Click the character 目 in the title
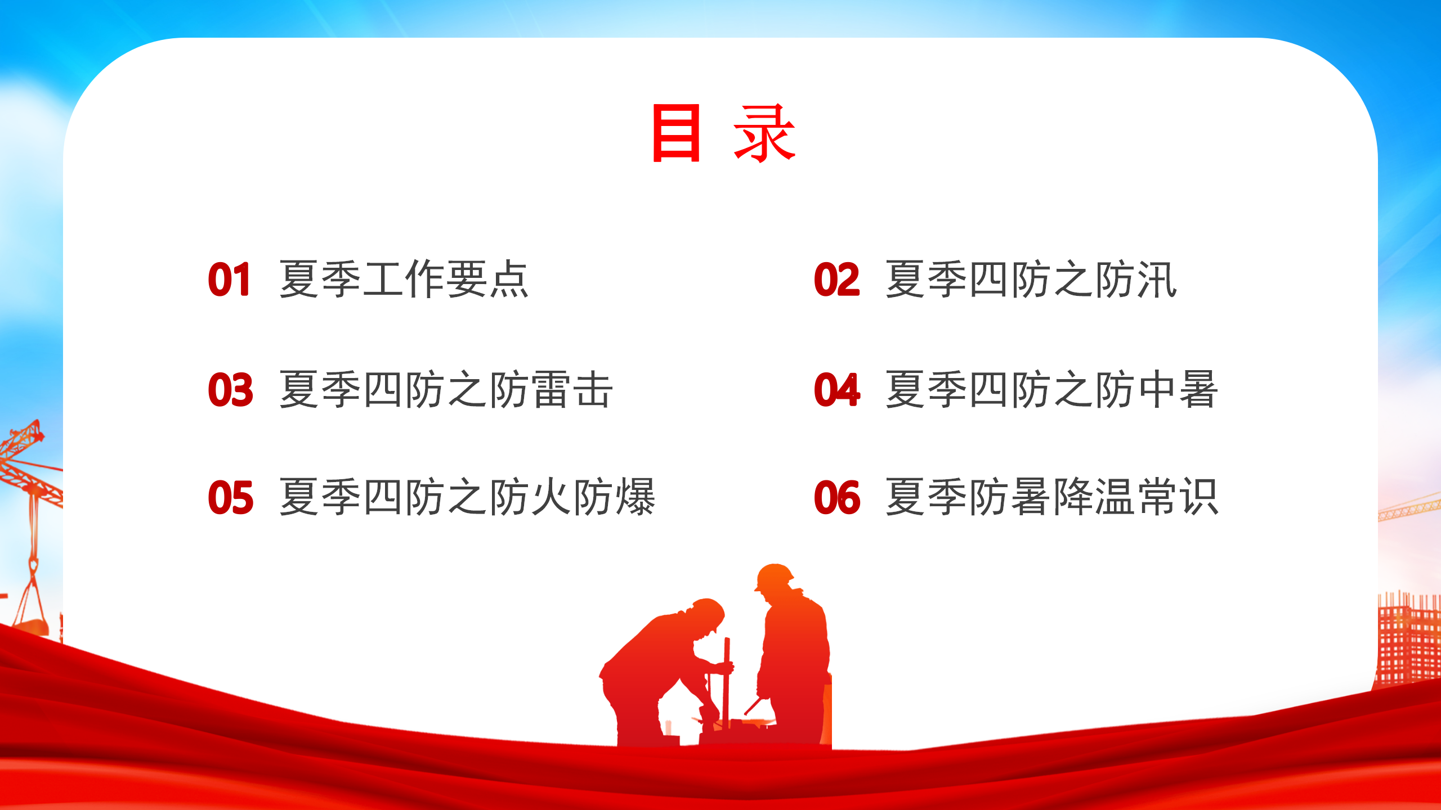(x=675, y=133)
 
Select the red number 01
(x=229, y=280)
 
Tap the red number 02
(x=837, y=280)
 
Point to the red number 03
(x=231, y=390)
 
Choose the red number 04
(x=837, y=390)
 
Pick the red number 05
(x=231, y=498)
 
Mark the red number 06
(x=837, y=498)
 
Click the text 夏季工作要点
(x=404, y=279)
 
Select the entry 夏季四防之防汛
(x=1031, y=279)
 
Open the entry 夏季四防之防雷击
(x=446, y=389)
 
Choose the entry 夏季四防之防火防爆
(x=467, y=497)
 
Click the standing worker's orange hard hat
(x=775, y=576)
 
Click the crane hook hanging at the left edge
(x=33, y=565)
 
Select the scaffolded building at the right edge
(x=1408, y=638)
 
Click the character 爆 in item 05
(x=636, y=497)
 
